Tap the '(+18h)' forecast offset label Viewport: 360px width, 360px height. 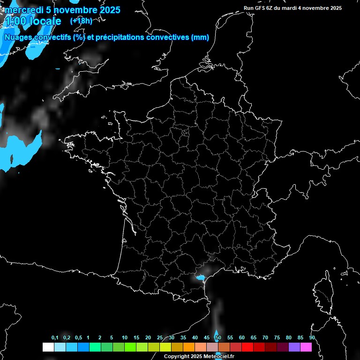tap(81, 21)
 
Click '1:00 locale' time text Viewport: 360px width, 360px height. tap(33, 21)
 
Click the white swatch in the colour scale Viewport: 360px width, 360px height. tap(48, 347)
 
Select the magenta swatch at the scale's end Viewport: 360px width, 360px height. tap(306, 347)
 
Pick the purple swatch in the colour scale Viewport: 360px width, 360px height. tap(294, 347)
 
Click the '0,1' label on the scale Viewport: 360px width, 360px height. tap(55, 338)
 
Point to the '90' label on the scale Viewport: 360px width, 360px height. tap(312, 338)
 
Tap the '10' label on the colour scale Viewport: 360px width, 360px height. tap(124, 338)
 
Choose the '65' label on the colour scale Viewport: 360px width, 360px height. tap(253, 338)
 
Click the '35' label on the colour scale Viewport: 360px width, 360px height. tap(183, 338)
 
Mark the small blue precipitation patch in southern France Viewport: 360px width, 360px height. tap(201, 277)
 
